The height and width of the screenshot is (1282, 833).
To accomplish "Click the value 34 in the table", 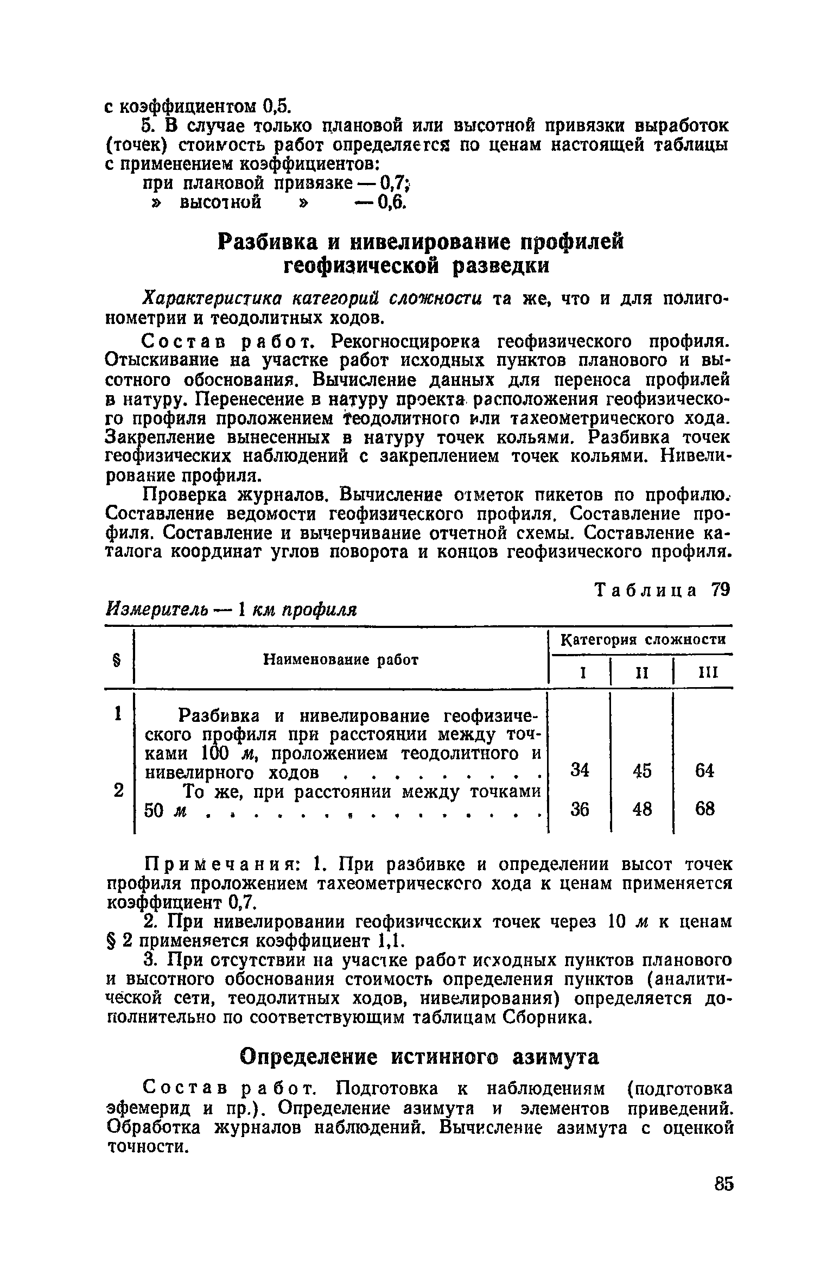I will [580, 770].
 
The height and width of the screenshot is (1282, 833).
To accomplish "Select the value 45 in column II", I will [641, 770].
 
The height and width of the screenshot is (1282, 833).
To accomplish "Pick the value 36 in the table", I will [580, 809].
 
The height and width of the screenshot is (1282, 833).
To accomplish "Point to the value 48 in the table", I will [641, 809].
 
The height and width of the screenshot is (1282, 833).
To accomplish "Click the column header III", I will [707, 674].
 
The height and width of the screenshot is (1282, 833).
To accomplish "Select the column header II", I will [642, 674].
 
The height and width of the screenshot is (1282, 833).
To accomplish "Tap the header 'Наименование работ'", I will [341, 659].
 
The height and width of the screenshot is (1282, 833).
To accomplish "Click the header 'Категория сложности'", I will [643, 640].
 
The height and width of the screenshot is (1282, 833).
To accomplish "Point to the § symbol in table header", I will [115, 659].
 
